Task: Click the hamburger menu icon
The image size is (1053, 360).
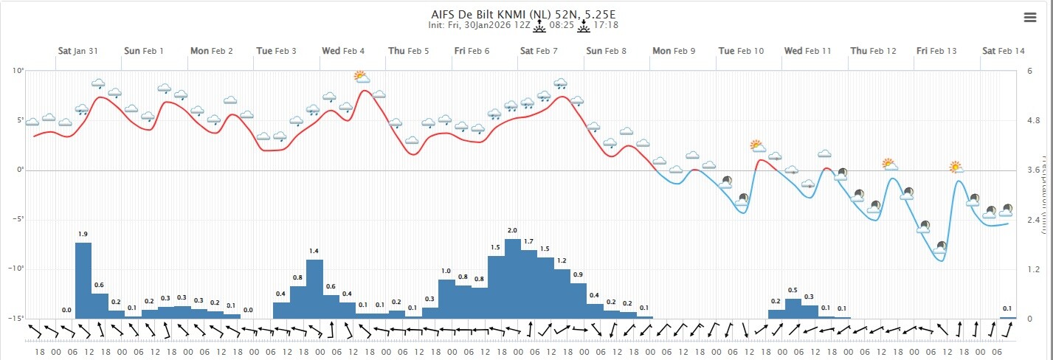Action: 1030,18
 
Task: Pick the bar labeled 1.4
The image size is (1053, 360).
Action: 314,289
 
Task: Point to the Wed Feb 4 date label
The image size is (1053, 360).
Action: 343,51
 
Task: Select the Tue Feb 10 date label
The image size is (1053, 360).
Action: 741,51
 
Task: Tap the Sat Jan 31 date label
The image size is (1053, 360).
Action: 78,51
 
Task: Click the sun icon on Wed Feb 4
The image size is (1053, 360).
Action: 360,76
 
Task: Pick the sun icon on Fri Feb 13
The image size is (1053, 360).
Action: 956,167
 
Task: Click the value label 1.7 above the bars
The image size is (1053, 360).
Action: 529,242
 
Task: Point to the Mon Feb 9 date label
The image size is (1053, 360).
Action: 673,51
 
